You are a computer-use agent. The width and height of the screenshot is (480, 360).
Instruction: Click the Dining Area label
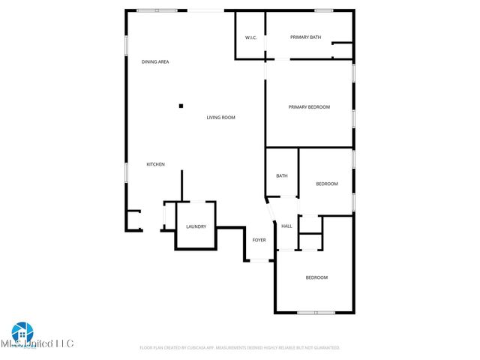coord(155,61)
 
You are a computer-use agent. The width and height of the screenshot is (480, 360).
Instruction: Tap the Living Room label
coord(221,118)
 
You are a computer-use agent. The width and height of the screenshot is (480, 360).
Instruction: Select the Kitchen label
coord(155,164)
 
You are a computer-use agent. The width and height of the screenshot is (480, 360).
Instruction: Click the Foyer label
coord(259,240)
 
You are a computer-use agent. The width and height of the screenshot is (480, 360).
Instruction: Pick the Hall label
coord(286,226)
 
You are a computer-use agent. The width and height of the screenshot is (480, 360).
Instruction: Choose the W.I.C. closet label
coord(251,37)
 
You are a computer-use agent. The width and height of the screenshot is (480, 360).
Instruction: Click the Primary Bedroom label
coord(309,107)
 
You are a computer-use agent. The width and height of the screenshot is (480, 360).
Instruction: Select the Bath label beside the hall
coord(282,176)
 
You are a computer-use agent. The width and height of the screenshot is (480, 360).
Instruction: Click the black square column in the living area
coord(181,106)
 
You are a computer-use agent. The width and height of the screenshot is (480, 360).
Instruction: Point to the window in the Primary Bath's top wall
coord(324,10)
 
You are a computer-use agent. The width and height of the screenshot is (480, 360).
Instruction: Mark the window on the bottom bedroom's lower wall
coord(316,312)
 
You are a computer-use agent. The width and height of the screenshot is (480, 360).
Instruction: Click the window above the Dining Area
coord(157,10)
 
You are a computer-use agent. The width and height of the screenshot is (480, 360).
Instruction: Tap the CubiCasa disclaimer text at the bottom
coord(240,348)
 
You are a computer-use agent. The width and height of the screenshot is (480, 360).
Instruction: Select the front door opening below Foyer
coord(261,260)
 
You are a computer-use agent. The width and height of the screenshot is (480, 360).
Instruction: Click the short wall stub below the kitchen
coord(181,185)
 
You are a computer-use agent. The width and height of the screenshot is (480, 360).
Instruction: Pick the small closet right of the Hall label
coord(310,241)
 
